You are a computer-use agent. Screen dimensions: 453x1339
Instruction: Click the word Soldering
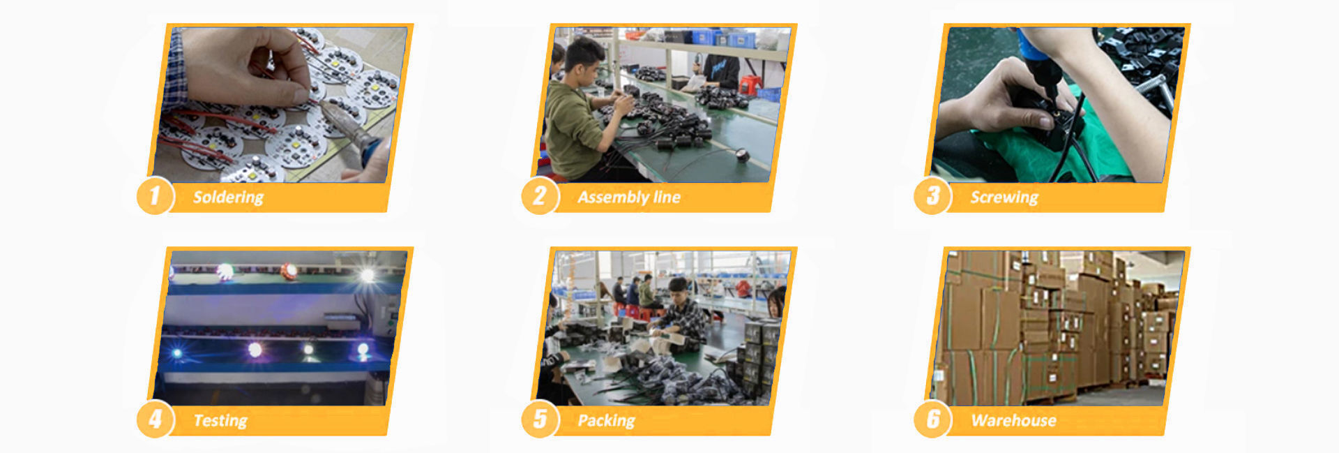click(228, 198)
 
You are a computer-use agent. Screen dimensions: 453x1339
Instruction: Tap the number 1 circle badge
click(155, 196)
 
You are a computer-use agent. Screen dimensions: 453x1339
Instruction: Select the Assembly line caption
click(628, 198)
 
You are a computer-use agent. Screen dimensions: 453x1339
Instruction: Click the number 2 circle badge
click(539, 196)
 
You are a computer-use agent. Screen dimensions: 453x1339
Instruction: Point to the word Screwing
click(1004, 198)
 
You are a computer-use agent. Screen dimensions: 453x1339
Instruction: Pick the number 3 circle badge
click(932, 196)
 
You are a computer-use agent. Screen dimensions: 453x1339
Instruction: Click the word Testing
click(220, 421)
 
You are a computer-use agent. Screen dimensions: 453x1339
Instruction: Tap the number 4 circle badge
click(155, 419)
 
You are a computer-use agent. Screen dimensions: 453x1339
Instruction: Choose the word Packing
click(606, 421)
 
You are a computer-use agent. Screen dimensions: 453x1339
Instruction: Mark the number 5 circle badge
click(539, 419)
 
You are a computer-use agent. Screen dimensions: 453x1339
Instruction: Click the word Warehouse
click(1013, 421)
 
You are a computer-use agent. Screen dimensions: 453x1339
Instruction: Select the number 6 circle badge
click(932, 419)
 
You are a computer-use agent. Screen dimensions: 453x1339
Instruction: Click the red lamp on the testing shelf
click(289, 271)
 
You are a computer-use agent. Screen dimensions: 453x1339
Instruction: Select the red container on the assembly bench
click(749, 85)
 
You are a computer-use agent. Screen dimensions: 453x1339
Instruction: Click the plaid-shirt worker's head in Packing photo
click(678, 287)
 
